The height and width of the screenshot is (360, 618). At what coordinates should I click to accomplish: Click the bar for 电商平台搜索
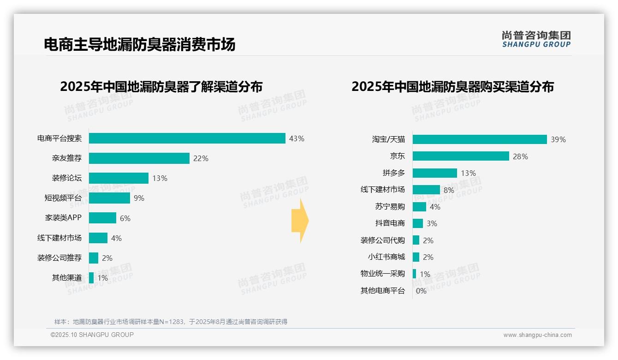(x=187, y=138)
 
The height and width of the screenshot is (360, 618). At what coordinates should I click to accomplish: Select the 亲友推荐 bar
(x=139, y=158)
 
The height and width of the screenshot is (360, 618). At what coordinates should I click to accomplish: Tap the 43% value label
(x=297, y=138)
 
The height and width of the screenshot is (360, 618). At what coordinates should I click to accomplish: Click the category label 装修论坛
(x=67, y=178)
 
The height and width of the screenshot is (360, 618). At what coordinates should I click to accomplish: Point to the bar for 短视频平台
(x=109, y=198)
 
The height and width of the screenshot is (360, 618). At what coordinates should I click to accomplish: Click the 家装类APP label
(x=63, y=218)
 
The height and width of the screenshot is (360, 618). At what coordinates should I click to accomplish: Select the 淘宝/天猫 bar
(x=480, y=139)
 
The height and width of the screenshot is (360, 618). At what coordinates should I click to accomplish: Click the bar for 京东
(x=461, y=156)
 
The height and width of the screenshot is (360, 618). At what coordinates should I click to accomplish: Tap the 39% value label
(x=558, y=139)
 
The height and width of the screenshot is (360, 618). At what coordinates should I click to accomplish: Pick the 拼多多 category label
(x=393, y=173)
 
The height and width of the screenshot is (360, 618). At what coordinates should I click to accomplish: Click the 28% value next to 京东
(x=520, y=156)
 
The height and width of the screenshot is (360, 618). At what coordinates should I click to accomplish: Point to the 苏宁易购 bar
(x=419, y=207)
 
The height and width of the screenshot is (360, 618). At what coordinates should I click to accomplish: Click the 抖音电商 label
(x=390, y=223)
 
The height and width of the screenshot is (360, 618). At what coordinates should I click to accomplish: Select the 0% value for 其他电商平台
(x=421, y=291)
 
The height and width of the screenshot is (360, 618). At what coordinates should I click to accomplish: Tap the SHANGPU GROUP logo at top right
(x=536, y=39)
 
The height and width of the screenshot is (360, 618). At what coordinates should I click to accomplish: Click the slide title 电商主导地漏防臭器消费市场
(x=139, y=44)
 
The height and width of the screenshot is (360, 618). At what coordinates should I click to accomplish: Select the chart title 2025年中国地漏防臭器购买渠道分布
(x=452, y=87)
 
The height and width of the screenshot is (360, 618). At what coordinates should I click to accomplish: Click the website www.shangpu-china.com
(x=537, y=335)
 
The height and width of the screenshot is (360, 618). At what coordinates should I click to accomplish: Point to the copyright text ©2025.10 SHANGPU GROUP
(x=92, y=335)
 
